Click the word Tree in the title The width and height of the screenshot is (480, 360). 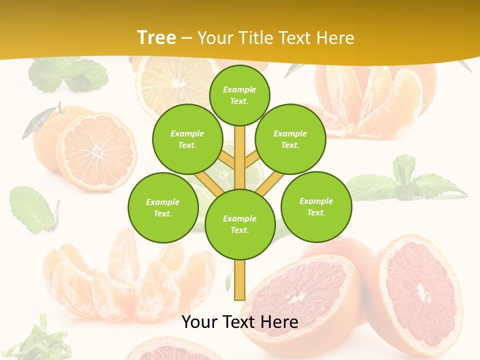(156, 38)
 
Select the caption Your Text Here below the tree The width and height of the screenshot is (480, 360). (240, 322)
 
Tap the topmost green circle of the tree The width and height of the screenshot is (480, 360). (239, 95)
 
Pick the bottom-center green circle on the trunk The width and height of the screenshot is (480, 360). (240, 224)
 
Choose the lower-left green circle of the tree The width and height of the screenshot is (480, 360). (163, 208)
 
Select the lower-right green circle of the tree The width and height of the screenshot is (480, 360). (316, 207)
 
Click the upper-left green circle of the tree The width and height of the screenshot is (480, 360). (187, 139)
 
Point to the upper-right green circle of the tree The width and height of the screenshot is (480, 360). (290, 139)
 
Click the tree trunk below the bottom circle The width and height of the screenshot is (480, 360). (239, 279)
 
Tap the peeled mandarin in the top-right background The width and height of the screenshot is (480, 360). (375, 100)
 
